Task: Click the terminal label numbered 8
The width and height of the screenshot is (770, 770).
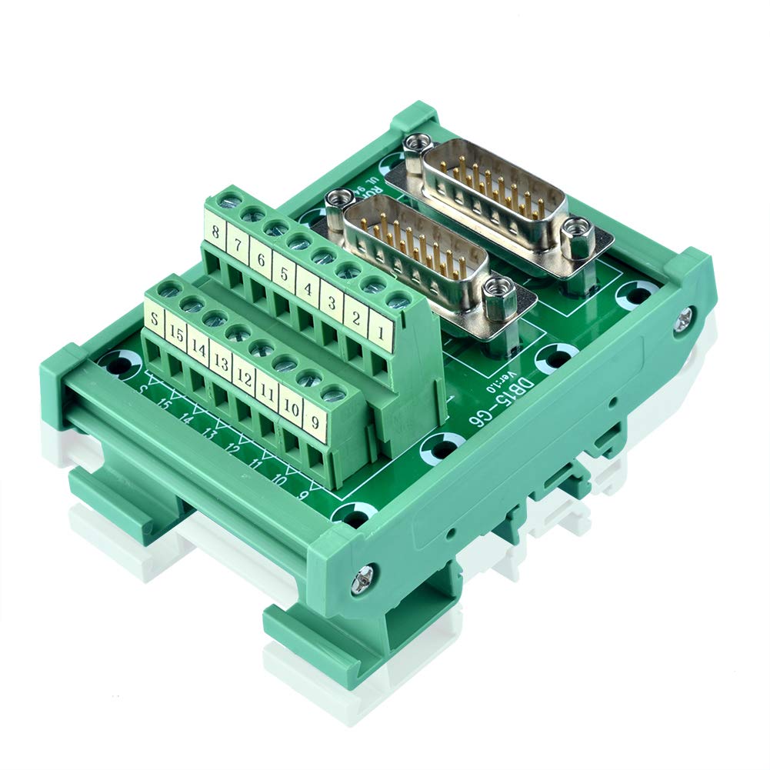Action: (x=215, y=231)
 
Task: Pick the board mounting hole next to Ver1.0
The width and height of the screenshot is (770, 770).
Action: (x=444, y=445)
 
